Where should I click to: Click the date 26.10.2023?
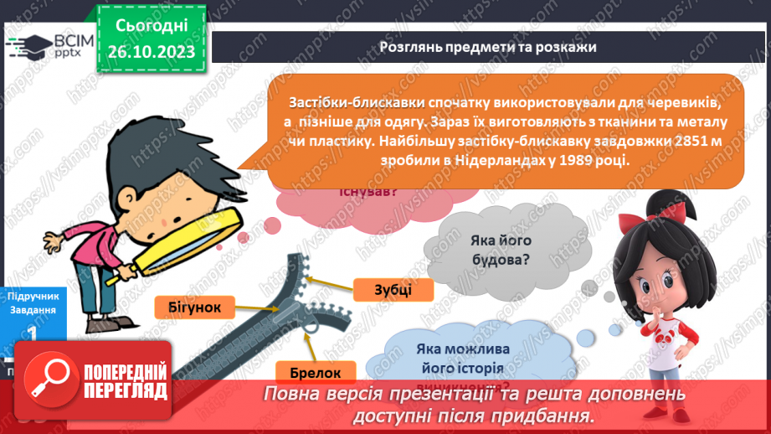[x=152, y=52]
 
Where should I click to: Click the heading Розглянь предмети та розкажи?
[x=487, y=47]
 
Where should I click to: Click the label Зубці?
[x=393, y=290]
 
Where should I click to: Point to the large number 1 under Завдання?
[x=32, y=333]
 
